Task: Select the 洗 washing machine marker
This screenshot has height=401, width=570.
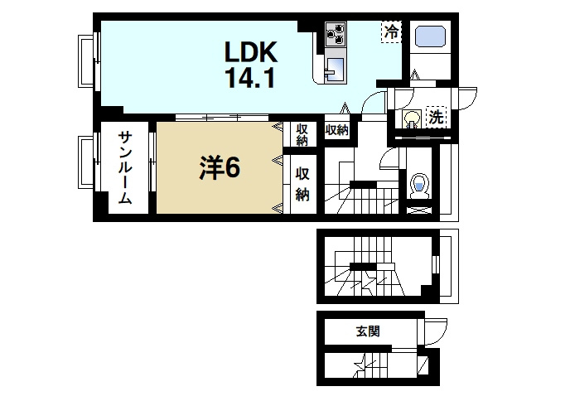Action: [x=435, y=118]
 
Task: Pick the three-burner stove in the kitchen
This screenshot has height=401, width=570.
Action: [x=336, y=33]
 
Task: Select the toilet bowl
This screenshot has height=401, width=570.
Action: [x=418, y=185]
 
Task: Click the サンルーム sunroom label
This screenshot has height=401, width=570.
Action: [x=124, y=168]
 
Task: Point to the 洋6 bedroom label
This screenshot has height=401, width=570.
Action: [x=219, y=168]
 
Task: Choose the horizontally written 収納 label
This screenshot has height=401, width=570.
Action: [x=336, y=130]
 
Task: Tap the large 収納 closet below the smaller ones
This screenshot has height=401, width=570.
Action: [x=303, y=183]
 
